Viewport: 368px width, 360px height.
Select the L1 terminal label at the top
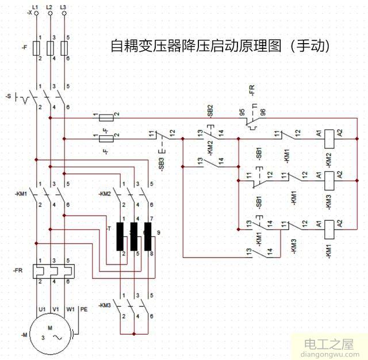coord(36,6)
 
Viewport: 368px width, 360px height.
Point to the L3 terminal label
coord(63,6)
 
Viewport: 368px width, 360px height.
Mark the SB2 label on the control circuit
coord(210,109)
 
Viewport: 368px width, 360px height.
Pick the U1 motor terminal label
coord(42,309)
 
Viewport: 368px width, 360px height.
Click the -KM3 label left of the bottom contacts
coord(104,304)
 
